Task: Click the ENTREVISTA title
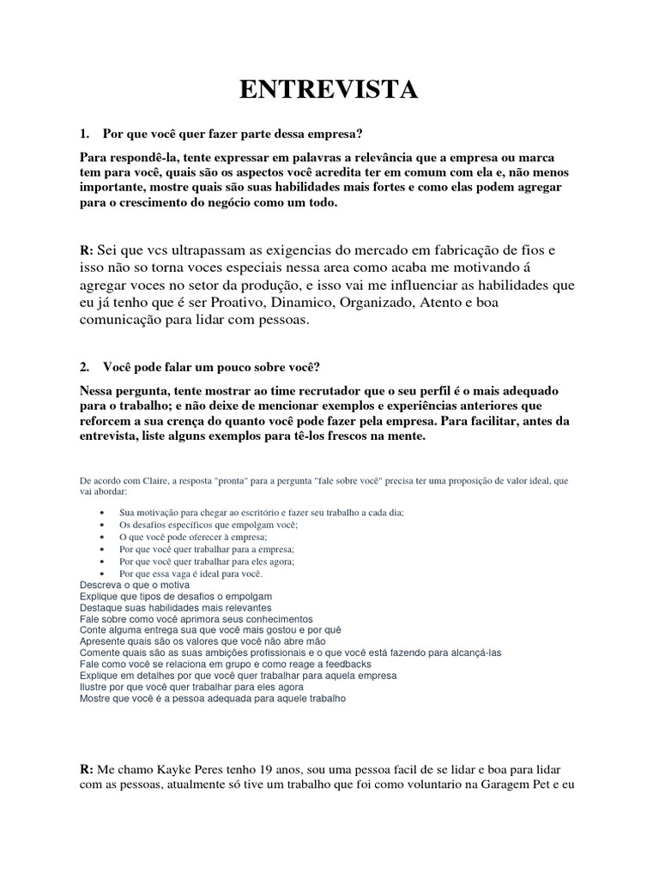[x=329, y=89]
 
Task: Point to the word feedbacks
[x=342, y=664]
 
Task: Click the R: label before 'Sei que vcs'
[x=86, y=250]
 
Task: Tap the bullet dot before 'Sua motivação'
[x=103, y=512]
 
